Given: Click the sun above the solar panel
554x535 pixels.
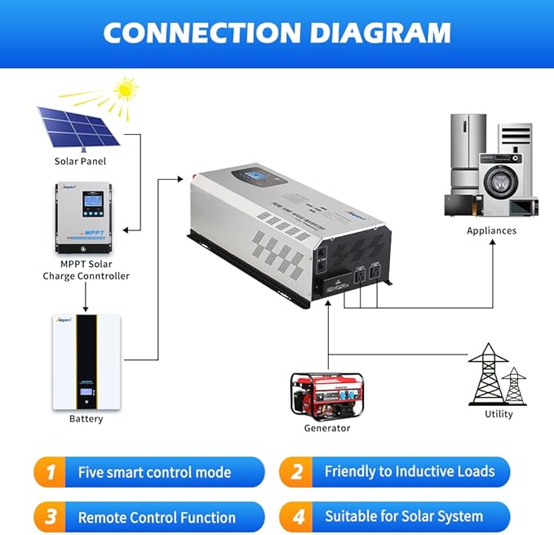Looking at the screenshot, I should click(x=125, y=90).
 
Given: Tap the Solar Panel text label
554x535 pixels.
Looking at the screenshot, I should click(x=80, y=161).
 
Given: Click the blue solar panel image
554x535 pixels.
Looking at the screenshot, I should click(x=78, y=127).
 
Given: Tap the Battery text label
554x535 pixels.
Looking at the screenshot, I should click(x=86, y=419).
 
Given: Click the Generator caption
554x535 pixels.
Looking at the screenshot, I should click(x=327, y=428).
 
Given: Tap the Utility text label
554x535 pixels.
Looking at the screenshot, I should click(x=499, y=414).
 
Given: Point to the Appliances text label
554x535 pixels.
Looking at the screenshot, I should click(x=491, y=230).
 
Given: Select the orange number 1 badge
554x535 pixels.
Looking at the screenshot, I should click(x=51, y=472).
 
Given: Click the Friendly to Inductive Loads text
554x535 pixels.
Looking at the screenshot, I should click(x=410, y=471).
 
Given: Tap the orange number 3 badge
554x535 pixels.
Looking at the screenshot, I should click(x=51, y=517).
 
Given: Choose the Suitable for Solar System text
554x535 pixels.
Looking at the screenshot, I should click(x=404, y=516).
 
